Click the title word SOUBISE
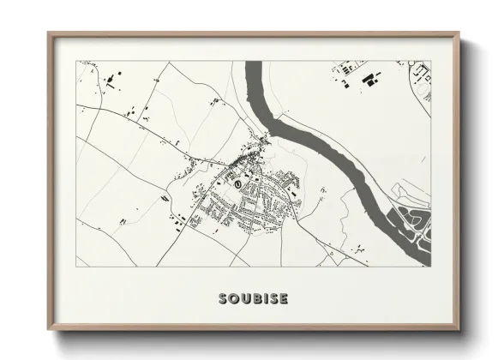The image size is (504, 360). [x=253, y=299]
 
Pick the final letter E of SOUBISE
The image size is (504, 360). [x=284, y=299]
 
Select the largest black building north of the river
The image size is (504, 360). [x=370, y=79]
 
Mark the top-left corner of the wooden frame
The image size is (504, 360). [x=49, y=33]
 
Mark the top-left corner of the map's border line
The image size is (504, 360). [x=77, y=61]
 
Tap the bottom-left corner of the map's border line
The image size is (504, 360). [x=77, y=267]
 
